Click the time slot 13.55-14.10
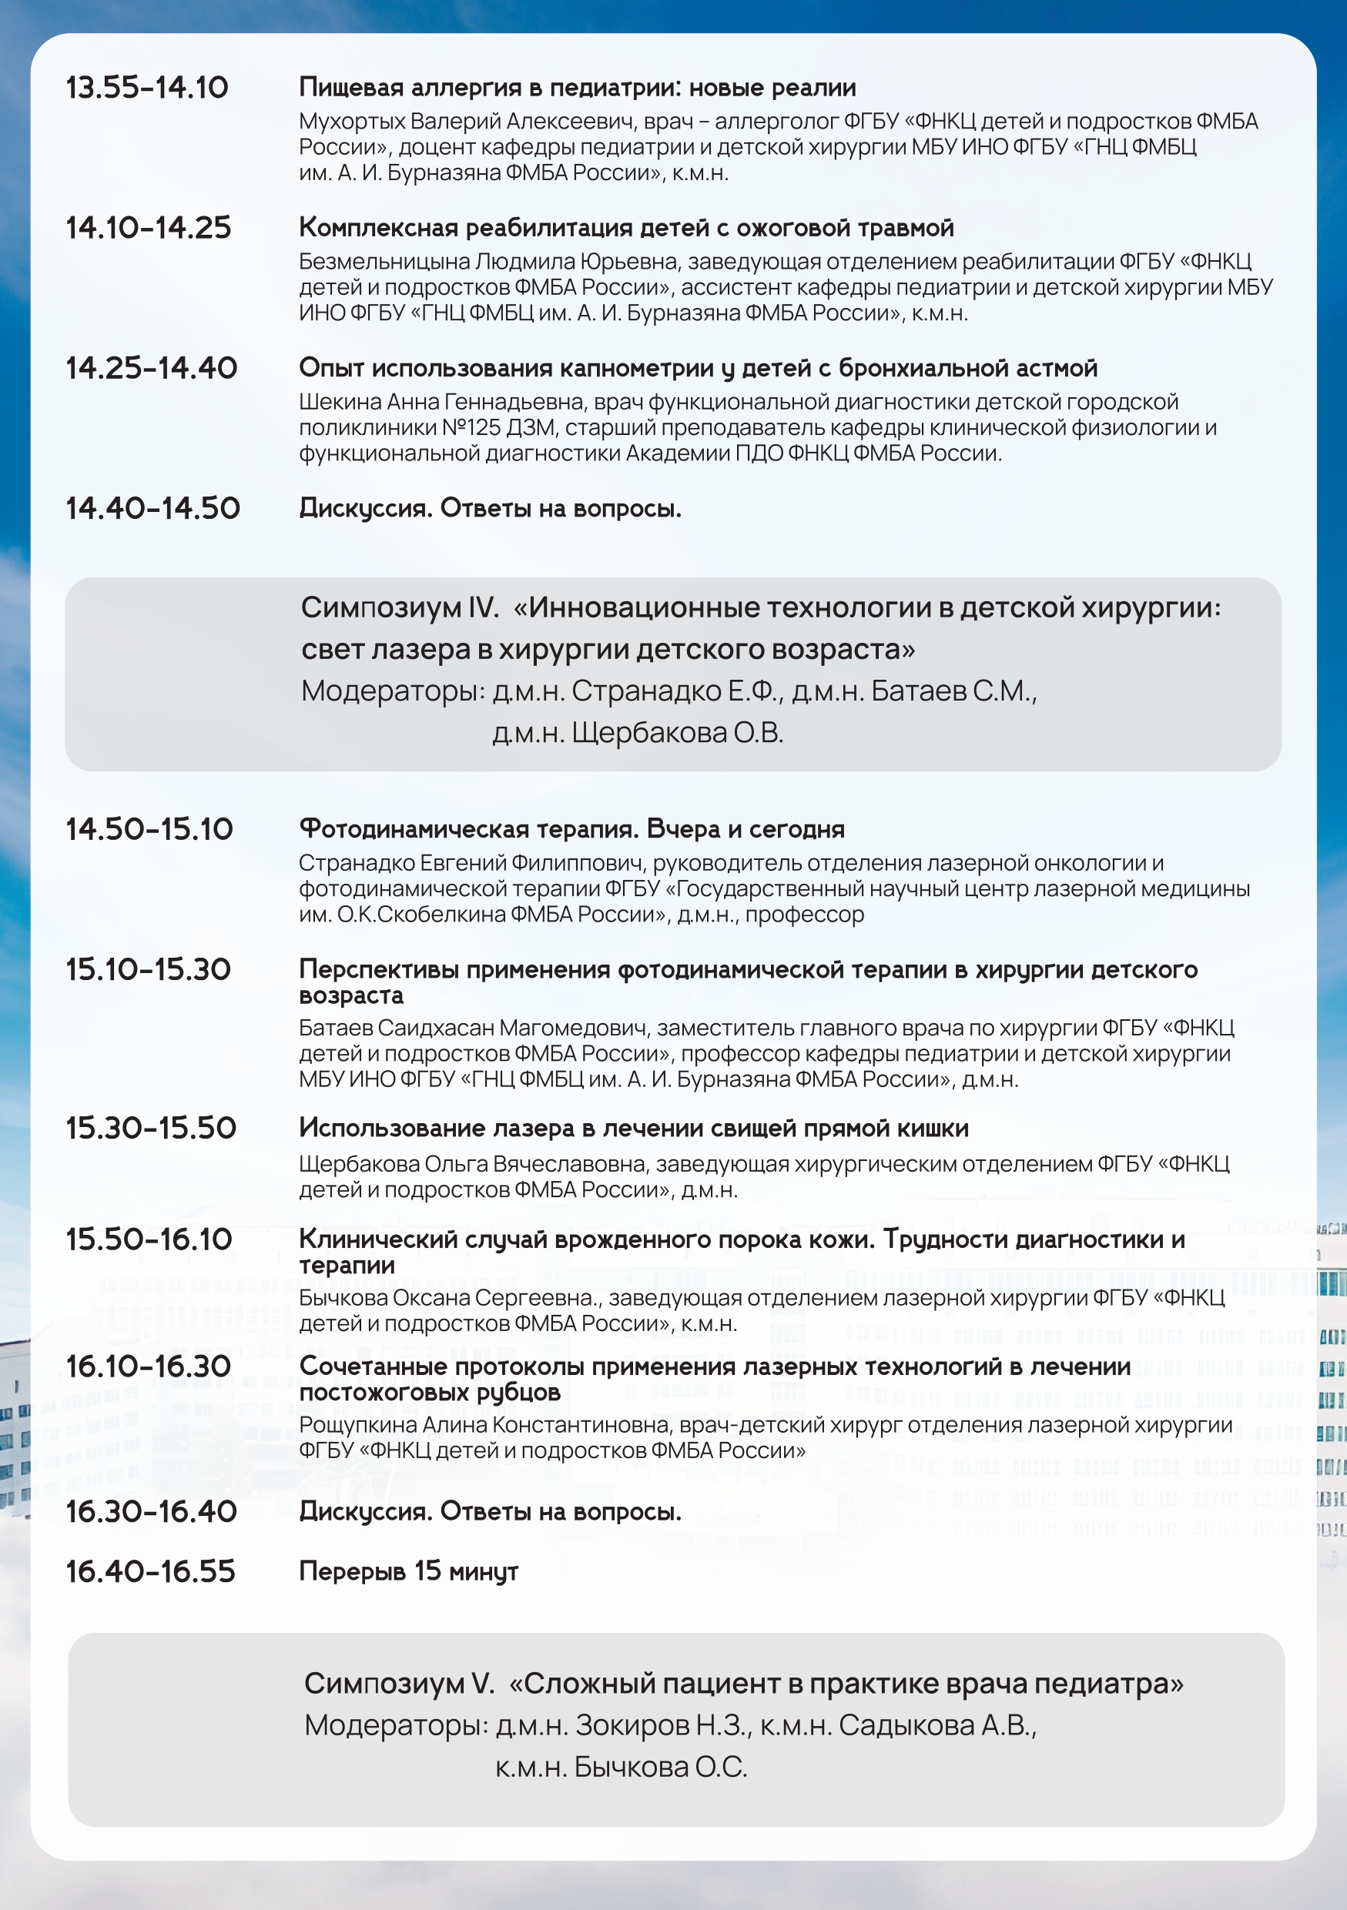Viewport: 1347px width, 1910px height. tap(146, 87)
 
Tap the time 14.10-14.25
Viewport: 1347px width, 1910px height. tap(148, 227)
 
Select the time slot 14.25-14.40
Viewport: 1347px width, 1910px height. tap(152, 368)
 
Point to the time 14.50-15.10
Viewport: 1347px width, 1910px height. tap(149, 828)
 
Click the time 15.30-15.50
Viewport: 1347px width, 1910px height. tap(151, 1127)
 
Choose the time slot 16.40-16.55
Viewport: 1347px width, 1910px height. tap(151, 1571)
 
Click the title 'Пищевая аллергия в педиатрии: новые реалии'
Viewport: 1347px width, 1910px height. tap(578, 87)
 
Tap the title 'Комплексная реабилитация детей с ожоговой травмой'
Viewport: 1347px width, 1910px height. tap(625, 227)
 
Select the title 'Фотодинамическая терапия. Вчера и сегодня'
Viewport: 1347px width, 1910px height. tap(571, 828)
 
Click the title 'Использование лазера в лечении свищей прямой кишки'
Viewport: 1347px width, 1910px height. tap(633, 1127)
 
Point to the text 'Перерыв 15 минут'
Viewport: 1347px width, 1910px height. tap(407, 1571)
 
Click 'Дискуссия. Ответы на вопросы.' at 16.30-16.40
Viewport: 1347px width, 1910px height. tap(490, 1510)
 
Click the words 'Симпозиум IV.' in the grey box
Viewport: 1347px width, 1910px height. tap(400, 607)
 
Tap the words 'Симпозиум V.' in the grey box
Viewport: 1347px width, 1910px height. tap(398, 1683)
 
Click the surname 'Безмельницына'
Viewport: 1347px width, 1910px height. tap(384, 261)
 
